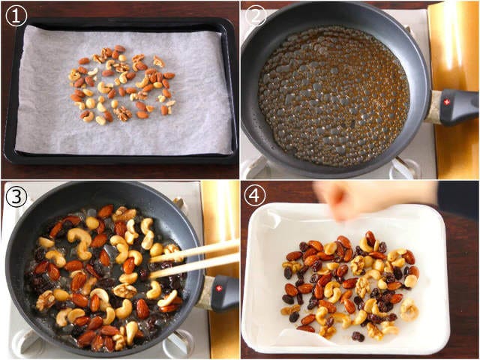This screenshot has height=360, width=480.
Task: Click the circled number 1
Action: click(16, 16)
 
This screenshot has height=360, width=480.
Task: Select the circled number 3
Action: click(16, 197)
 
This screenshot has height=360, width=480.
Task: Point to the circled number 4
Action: click(255, 196)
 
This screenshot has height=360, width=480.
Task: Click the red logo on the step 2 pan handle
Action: click(446, 103)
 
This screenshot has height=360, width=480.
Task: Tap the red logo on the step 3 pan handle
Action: click(218, 288)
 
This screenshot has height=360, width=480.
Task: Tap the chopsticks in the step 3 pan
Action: click(195, 259)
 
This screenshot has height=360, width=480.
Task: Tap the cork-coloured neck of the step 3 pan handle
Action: click(204, 292)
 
